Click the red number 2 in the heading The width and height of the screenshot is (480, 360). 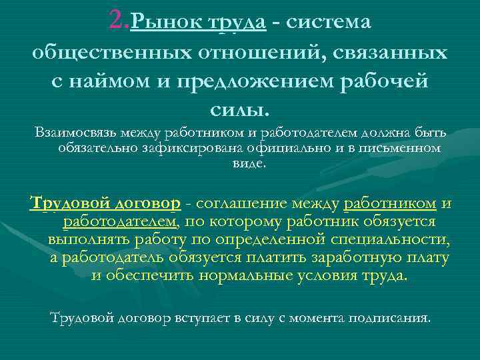click(x=119, y=22)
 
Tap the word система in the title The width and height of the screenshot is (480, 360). click(x=329, y=23)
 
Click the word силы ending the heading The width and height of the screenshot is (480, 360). click(x=237, y=108)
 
